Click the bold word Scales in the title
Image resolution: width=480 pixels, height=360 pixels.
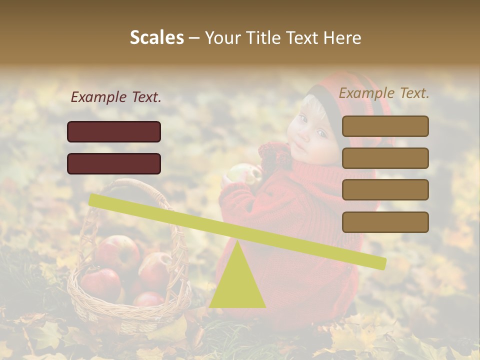click(x=156, y=38)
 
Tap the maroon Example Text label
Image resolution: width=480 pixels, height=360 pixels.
click(x=116, y=97)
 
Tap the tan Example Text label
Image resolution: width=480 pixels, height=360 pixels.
click(x=384, y=93)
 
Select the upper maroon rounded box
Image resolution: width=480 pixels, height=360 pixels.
click(x=114, y=131)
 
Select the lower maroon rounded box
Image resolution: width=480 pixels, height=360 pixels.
click(x=114, y=163)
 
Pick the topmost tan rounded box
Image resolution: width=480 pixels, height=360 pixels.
click(x=385, y=126)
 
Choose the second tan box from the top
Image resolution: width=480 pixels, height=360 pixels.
click(x=385, y=158)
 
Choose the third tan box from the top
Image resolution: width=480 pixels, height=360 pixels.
click(x=385, y=190)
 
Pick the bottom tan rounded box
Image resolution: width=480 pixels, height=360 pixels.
click(x=385, y=222)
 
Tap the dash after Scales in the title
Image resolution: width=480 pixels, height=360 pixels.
click(x=194, y=38)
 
